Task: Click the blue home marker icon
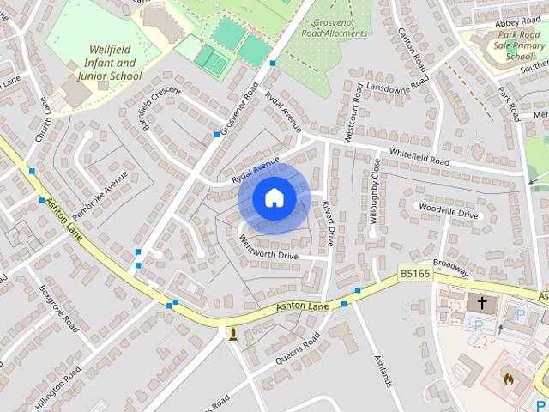coord(274,197)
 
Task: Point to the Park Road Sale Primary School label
coord(518,45)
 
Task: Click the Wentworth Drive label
coord(268,249)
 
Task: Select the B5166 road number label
coord(413,273)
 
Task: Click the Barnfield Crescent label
coord(163,109)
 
